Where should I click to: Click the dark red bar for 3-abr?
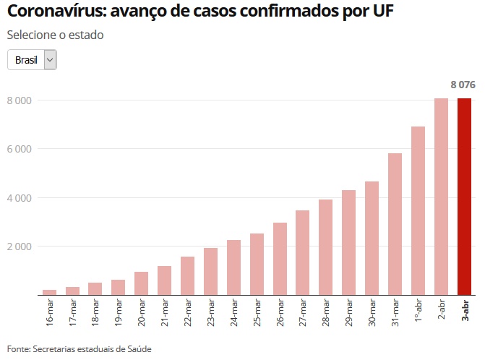(x=464, y=197)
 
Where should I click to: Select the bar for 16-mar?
(x=49, y=292)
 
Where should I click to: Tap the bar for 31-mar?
(x=395, y=224)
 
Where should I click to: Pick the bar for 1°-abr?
(x=418, y=210)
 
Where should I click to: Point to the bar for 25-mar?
(x=257, y=264)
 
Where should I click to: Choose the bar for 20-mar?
(x=141, y=283)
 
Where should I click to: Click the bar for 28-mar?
(x=325, y=247)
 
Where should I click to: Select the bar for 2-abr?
(x=441, y=197)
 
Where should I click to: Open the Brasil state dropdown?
(x=32, y=60)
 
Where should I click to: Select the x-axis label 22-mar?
(x=187, y=312)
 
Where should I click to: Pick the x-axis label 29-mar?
(x=348, y=312)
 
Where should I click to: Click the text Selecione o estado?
(x=55, y=35)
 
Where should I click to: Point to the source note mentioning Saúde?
(x=80, y=348)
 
